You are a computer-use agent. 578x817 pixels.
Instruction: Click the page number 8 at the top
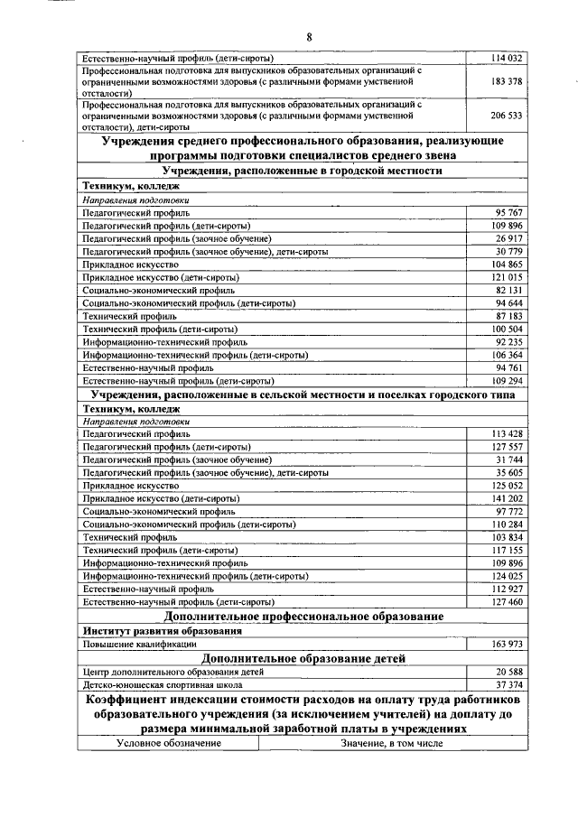pos(309,37)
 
